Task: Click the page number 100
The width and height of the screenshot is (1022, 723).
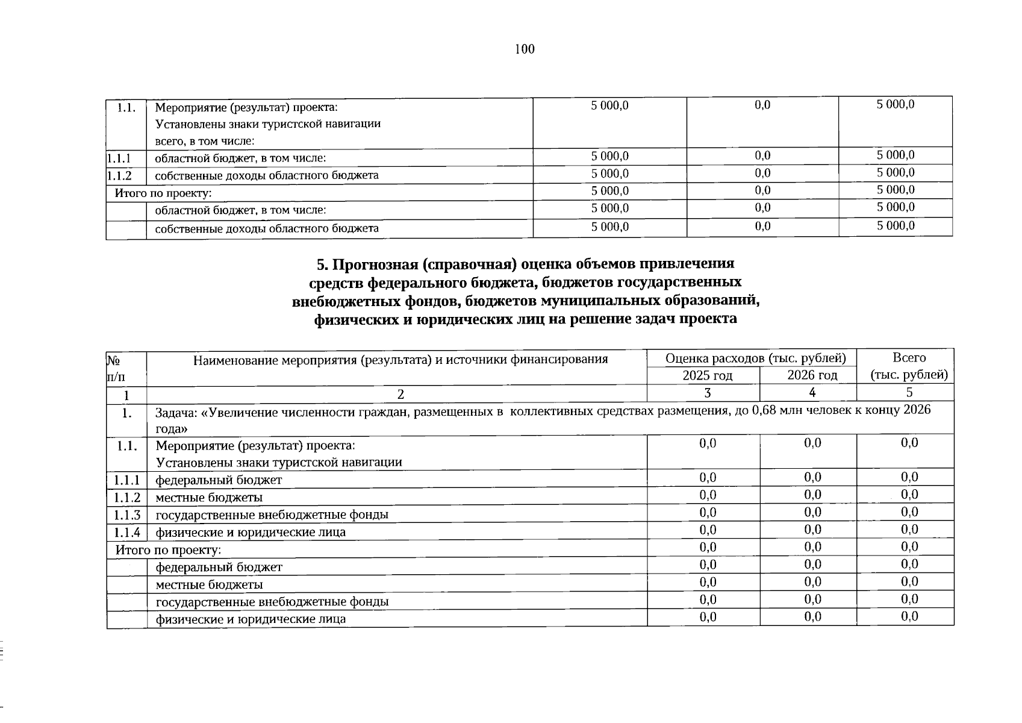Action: click(x=525, y=49)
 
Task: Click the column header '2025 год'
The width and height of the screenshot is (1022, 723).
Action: click(x=707, y=375)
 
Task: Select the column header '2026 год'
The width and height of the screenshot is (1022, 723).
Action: click(x=812, y=375)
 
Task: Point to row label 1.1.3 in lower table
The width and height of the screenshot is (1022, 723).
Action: click(x=127, y=515)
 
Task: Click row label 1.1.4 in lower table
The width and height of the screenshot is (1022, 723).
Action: click(x=127, y=532)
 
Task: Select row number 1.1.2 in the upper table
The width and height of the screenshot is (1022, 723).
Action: click(x=119, y=175)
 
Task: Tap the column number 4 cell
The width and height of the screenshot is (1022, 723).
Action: click(x=812, y=393)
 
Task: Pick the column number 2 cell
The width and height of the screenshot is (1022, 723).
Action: click(x=400, y=394)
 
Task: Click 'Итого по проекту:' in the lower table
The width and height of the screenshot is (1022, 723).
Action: click(x=168, y=550)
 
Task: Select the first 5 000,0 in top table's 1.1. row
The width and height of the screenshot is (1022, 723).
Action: click(x=609, y=105)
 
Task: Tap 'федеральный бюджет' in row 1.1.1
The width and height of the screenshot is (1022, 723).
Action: click(x=219, y=480)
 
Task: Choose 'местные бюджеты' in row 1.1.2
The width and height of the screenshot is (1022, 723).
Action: click(x=209, y=498)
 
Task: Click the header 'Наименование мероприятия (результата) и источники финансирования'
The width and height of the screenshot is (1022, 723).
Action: click(x=400, y=360)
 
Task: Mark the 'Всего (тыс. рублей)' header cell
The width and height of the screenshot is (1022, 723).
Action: click(x=909, y=366)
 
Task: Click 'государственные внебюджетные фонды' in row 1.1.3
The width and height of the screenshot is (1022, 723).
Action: click(x=272, y=515)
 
